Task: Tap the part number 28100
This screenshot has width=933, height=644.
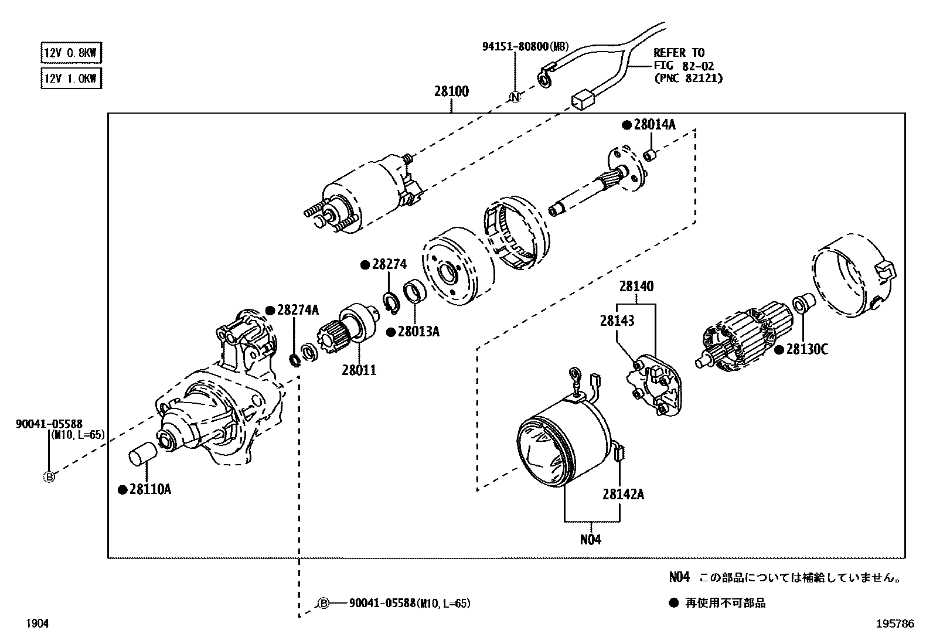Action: [x=451, y=92]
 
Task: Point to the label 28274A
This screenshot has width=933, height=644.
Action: [x=297, y=310]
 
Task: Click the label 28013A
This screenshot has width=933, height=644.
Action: [x=418, y=332]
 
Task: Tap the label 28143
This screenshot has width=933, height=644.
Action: [x=617, y=321]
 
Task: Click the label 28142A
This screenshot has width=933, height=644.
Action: [x=623, y=494]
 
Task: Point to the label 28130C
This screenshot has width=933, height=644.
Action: [x=806, y=349]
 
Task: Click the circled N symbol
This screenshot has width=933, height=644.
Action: [x=515, y=97]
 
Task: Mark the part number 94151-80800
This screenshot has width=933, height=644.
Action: [x=515, y=46]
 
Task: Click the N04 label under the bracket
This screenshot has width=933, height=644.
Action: [x=591, y=539]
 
